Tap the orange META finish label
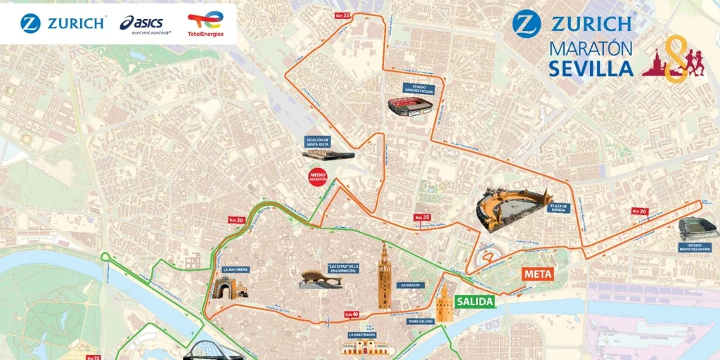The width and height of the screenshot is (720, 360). click(x=537, y=274)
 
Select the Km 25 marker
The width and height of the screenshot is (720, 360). click(x=342, y=15)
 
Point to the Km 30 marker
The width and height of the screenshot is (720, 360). click(x=639, y=211)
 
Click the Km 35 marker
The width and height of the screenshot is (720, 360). click(x=422, y=217)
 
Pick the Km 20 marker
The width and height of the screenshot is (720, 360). click(x=236, y=220)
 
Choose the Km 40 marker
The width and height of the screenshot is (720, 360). click(x=352, y=314)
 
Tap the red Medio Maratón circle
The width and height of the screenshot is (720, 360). click(x=319, y=177)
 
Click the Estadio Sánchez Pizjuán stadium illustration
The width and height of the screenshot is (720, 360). click(x=411, y=106)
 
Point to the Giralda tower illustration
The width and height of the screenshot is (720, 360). click(x=384, y=277)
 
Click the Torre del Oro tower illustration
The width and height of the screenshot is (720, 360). click(x=444, y=304)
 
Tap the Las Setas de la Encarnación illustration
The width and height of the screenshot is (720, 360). click(x=321, y=279)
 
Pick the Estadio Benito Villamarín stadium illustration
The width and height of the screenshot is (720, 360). click(x=699, y=229)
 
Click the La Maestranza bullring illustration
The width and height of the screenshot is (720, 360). click(x=365, y=347)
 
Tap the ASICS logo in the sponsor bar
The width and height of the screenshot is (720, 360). click(x=146, y=25)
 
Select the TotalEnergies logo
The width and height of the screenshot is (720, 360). click(x=205, y=25)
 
